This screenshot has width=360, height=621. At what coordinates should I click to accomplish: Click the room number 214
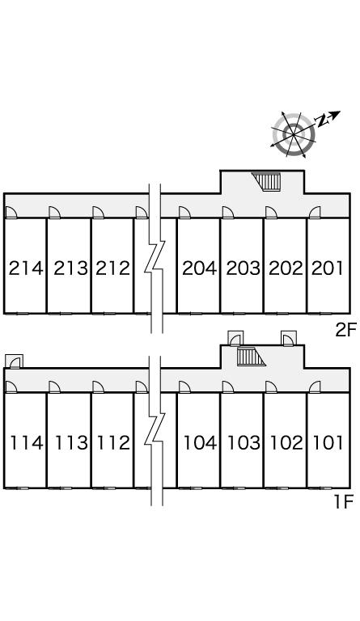(25, 268)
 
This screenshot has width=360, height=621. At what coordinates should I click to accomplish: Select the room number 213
(70, 268)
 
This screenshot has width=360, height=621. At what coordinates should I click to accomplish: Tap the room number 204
(200, 268)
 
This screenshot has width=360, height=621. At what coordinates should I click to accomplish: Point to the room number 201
(328, 268)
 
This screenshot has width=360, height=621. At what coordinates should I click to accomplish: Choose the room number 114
(27, 443)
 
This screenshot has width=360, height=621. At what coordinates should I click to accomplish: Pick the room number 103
(244, 443)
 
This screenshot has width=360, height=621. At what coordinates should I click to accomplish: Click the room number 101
(328, 443)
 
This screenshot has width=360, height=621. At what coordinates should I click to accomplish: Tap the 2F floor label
(346, 330)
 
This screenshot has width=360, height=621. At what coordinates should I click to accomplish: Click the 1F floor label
(343, 503)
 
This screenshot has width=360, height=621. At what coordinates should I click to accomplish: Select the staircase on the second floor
(267, 181)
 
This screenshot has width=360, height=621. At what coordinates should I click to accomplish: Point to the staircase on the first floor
(251, 357)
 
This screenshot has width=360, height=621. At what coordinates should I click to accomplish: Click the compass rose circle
(294, 135)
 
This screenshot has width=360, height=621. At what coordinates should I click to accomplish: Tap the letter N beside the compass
(322, 120)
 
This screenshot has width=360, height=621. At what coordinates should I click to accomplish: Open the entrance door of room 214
(11, 213)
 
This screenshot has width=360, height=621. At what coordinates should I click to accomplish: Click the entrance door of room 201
(315, 213)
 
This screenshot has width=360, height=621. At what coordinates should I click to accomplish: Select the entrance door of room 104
(184, 387)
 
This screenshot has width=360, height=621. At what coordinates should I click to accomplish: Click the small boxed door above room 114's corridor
(15, 361)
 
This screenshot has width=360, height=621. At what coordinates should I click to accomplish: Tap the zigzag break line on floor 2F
(155, 258)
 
